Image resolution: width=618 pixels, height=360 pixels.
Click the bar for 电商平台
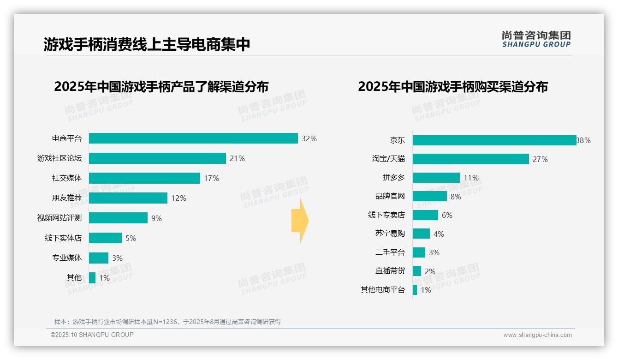[193, 138]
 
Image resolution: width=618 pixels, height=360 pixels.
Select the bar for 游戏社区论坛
[157, 158]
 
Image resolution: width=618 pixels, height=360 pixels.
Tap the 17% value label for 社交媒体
[212, 178]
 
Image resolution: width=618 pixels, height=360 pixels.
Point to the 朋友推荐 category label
[67, 198]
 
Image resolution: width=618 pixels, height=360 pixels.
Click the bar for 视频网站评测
[118, 218]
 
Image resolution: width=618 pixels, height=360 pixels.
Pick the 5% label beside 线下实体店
[131, 238]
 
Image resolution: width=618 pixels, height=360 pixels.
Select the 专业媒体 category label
[67, 258]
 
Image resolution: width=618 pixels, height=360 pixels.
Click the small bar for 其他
[92, 278]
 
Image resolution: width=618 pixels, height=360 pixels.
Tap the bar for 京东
[494, 140]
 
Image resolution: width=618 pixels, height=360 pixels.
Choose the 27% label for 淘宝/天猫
[540, 159]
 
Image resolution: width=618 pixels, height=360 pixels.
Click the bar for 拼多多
[436, 178]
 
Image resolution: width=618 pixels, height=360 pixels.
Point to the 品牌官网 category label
[390, 196]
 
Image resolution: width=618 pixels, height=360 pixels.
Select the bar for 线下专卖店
[425, 215]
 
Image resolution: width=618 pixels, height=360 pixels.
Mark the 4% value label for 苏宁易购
[439, 234]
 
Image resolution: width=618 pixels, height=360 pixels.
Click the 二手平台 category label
[390, 252]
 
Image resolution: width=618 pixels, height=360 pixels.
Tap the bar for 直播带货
[417, 271]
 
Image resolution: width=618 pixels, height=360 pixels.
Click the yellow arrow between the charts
[300, 221]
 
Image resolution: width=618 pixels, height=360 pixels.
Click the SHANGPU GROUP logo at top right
[536, 39]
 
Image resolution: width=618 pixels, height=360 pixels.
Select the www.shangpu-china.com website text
[537, 335]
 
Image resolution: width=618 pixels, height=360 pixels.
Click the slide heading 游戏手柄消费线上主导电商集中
[147, 44]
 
